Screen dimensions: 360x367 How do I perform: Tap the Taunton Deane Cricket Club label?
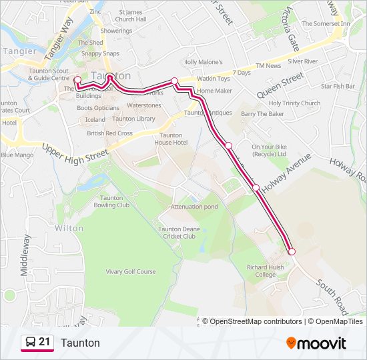(177, 232)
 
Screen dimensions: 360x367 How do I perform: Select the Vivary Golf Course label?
(131, 272)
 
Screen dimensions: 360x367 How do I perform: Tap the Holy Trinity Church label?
(294, 103)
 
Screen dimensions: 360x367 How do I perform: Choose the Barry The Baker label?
(262, 114)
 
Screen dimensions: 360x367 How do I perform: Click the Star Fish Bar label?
(338, 86)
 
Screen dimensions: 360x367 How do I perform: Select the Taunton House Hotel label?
(171, 139)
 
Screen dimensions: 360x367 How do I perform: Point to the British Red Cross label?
(109, 133)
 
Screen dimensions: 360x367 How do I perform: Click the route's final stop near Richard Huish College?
(292, 251)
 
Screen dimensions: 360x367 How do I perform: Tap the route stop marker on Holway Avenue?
(256, 187)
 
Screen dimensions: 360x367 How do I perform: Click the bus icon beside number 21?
(30, 343)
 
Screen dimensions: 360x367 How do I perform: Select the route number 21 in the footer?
(45, 343)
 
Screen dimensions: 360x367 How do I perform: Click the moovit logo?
(316, 343)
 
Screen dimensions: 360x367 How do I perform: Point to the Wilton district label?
(69, 228)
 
